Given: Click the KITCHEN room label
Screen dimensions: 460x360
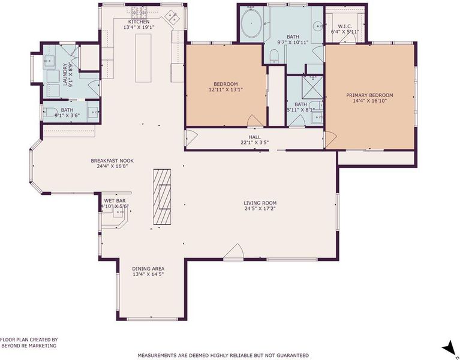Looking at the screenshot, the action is point(139,22).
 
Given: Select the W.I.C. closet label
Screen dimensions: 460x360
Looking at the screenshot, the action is point(345,26).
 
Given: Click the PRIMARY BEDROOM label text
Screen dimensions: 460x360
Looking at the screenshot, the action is point(369,95).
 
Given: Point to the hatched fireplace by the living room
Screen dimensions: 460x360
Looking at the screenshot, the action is point(163,197).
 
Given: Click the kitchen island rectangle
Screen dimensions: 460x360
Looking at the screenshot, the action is point(143,58).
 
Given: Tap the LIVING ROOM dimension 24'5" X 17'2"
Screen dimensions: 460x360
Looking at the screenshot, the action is point(260,209).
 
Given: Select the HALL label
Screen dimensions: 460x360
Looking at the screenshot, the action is point(254,137).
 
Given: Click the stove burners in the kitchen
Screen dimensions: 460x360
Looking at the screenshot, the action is point(139,13).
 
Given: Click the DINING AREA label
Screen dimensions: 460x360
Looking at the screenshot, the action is point(148,269).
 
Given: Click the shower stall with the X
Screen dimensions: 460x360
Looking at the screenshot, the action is point(312,87).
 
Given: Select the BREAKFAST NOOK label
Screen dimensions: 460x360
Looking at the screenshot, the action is point(112,161).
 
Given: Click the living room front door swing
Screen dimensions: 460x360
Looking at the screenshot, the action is point(233,252).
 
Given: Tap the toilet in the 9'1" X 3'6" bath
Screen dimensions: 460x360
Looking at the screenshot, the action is point(50,112).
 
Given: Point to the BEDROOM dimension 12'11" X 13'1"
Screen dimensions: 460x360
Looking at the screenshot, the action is point(226,90).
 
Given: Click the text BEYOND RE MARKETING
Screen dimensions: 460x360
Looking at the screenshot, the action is point(29,346).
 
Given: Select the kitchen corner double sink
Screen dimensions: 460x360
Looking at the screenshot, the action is point(173,17).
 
